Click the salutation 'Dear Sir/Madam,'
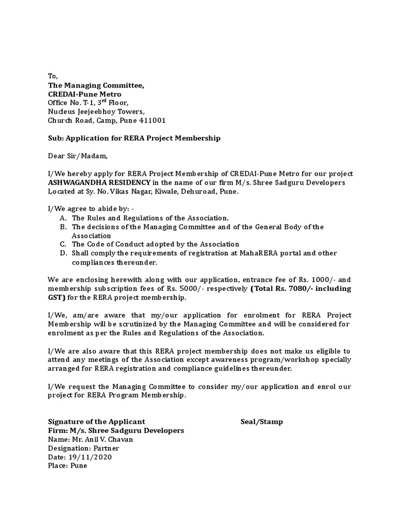(x=78, y=156)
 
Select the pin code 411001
(x=152, y=120)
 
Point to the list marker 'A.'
(x=63, y=218)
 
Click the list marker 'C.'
(x=63, y=244)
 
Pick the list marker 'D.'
(x=63, y=253)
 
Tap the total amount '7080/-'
(x=306, y=288)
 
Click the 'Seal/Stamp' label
(x=262, y=422)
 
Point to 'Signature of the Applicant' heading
(x=96, y=422)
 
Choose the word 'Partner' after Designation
(x=106, y=448)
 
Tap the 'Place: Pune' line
(x=67, y=466)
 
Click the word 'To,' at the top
(x=53, y=76)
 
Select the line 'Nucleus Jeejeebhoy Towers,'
(x=96, y=111)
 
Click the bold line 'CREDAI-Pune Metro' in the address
(x=84, y=94)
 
